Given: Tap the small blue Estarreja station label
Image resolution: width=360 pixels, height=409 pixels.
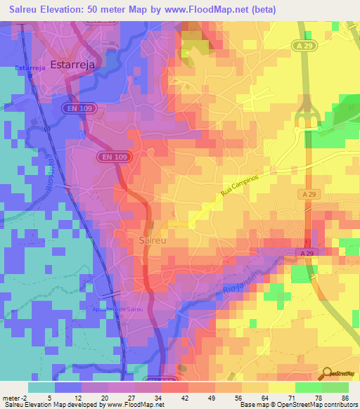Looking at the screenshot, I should (x=30, y=68).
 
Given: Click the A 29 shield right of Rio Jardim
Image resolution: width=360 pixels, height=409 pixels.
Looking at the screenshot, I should (x=304, y=252).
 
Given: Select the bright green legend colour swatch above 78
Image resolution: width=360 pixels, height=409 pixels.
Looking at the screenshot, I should (x=309, y=387).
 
